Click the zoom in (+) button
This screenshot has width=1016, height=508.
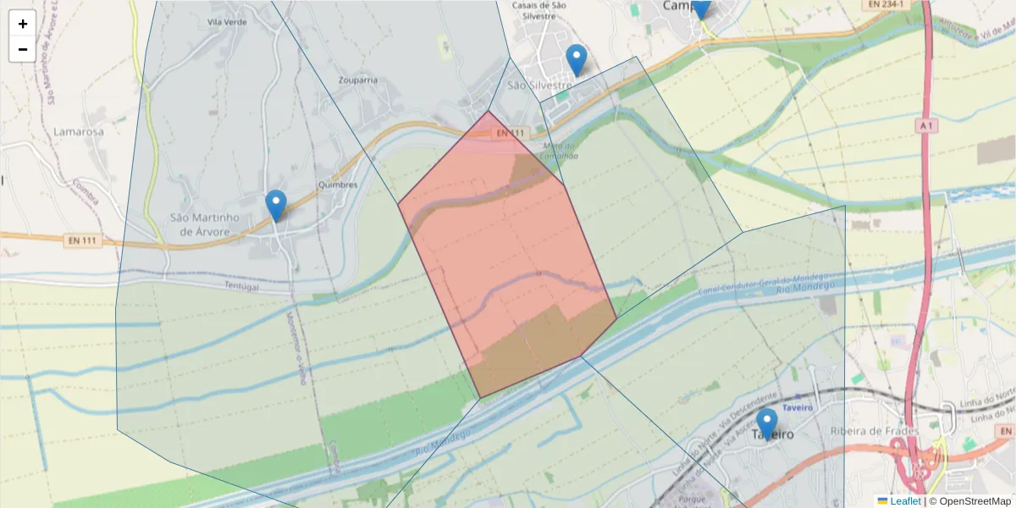click(x=23, y=24)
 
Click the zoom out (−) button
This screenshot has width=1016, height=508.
click(x=23, y=49)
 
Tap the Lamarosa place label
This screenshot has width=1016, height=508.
click(x=78, y=132)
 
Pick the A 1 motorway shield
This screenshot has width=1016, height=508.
click(x=928, y=125)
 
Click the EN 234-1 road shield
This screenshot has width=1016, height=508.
click(x=886, y=5)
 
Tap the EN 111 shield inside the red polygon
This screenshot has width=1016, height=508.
click(x=511, y=133)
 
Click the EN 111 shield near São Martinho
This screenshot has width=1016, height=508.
click(x=81, y=240)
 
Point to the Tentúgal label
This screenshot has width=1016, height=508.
click(x=241, y=287)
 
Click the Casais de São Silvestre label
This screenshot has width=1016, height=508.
click(x=539, y=10)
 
